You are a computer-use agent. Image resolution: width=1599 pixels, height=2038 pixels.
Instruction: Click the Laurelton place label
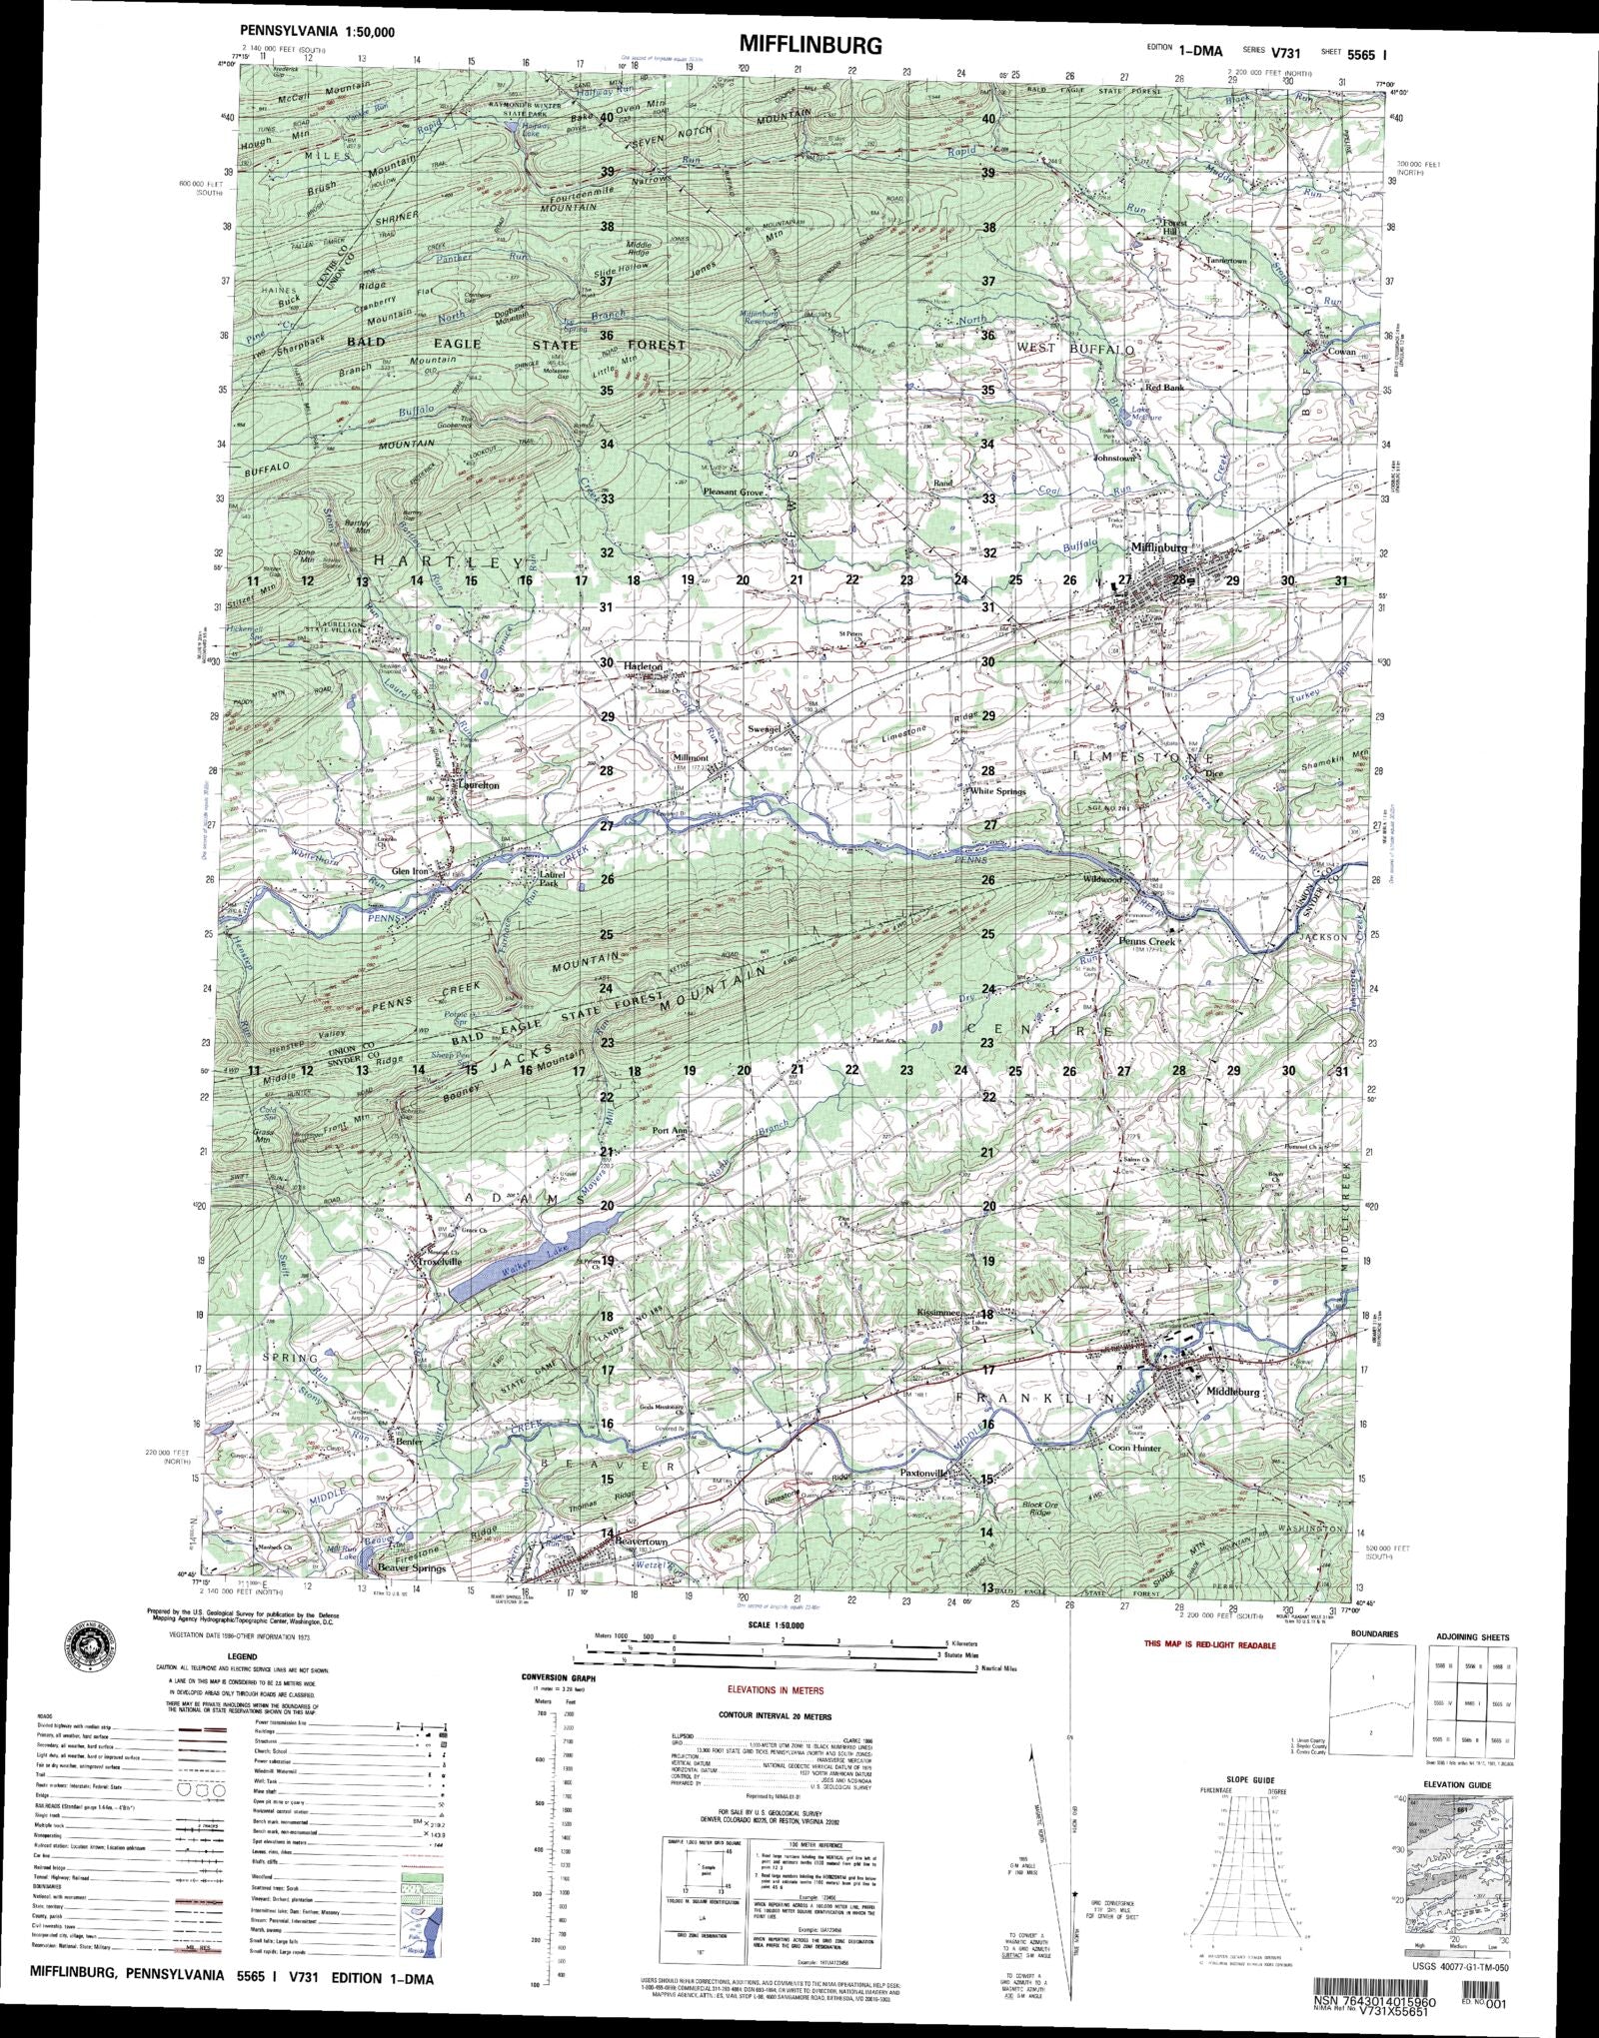(x=476, y=785)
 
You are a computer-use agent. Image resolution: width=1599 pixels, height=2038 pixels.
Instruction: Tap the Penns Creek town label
(x=1146, y=941)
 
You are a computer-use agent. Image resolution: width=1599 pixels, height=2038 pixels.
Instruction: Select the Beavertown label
(x=639, y=1569)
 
